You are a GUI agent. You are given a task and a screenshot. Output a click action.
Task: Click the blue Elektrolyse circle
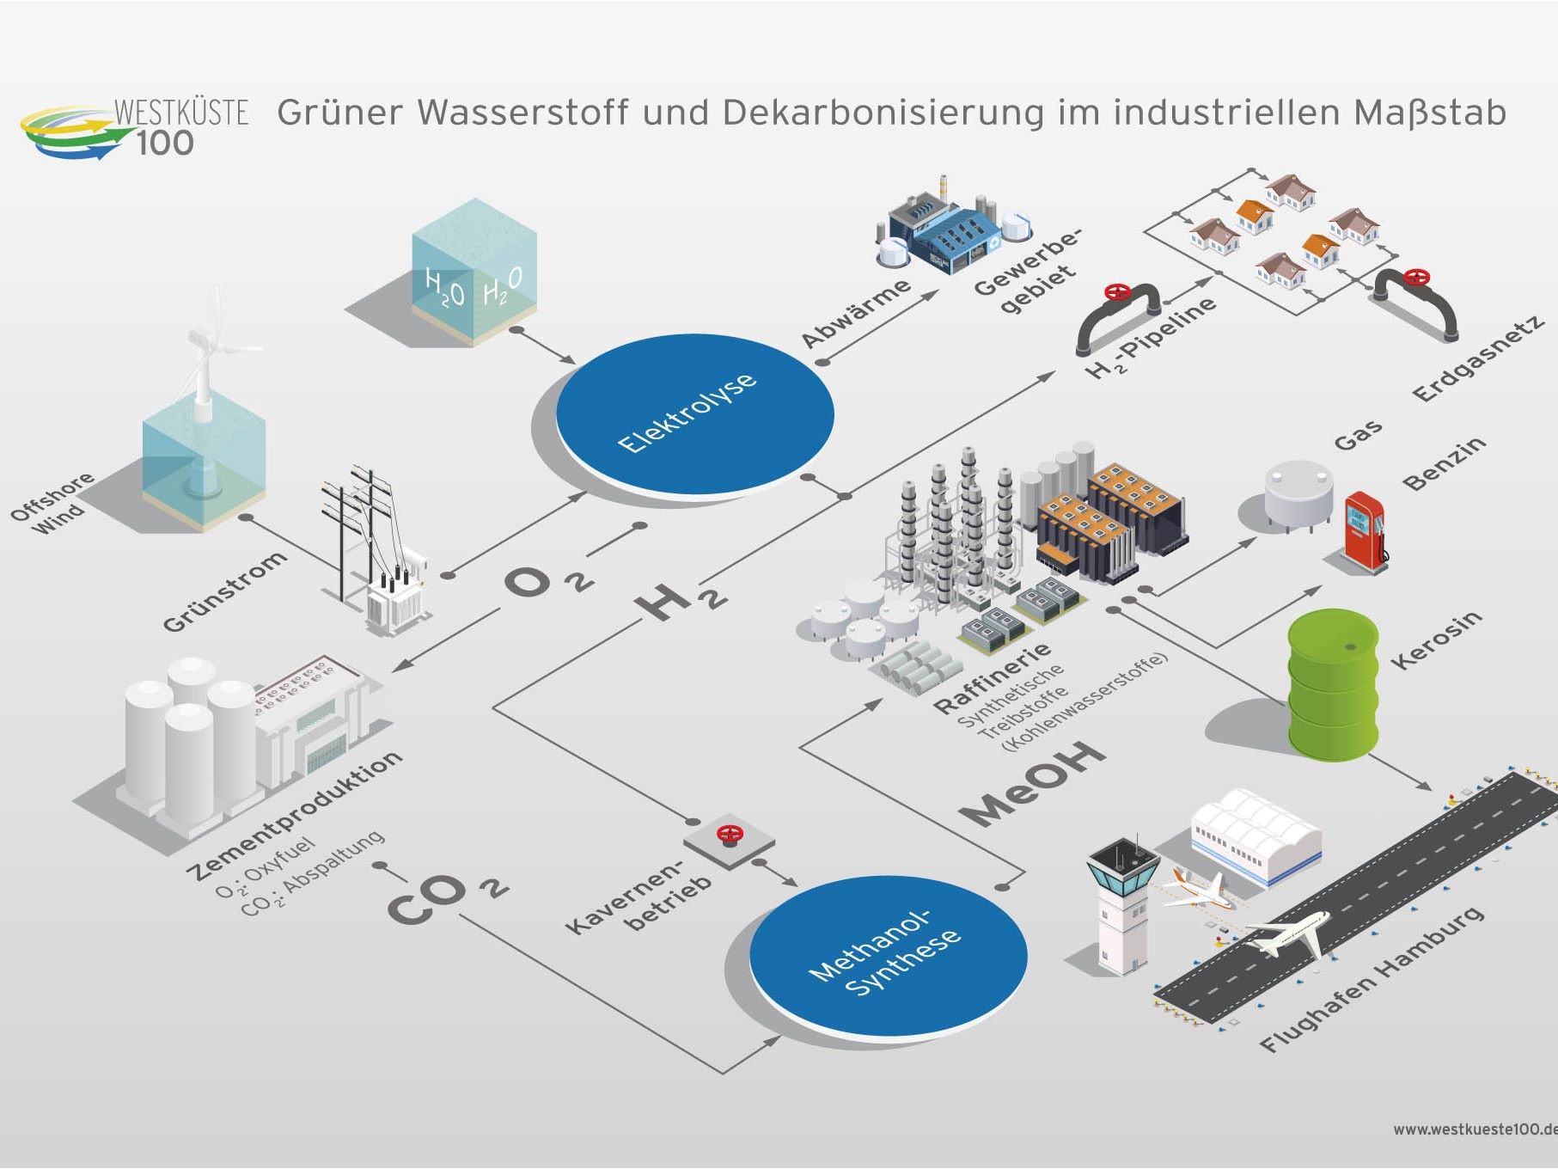pyautogui.click(x=694, y=413)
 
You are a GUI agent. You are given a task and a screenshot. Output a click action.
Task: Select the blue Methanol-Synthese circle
pyautogui.click(x=888, y=957)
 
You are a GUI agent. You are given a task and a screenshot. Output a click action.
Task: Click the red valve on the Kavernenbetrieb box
pyautogui.click(x=730, y=835)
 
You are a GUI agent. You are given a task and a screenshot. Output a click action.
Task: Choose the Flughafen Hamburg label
pyautogui.click(x=1372, y=980)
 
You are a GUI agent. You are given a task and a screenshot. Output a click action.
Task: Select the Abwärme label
pyautogui.click(x=855, y=313)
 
